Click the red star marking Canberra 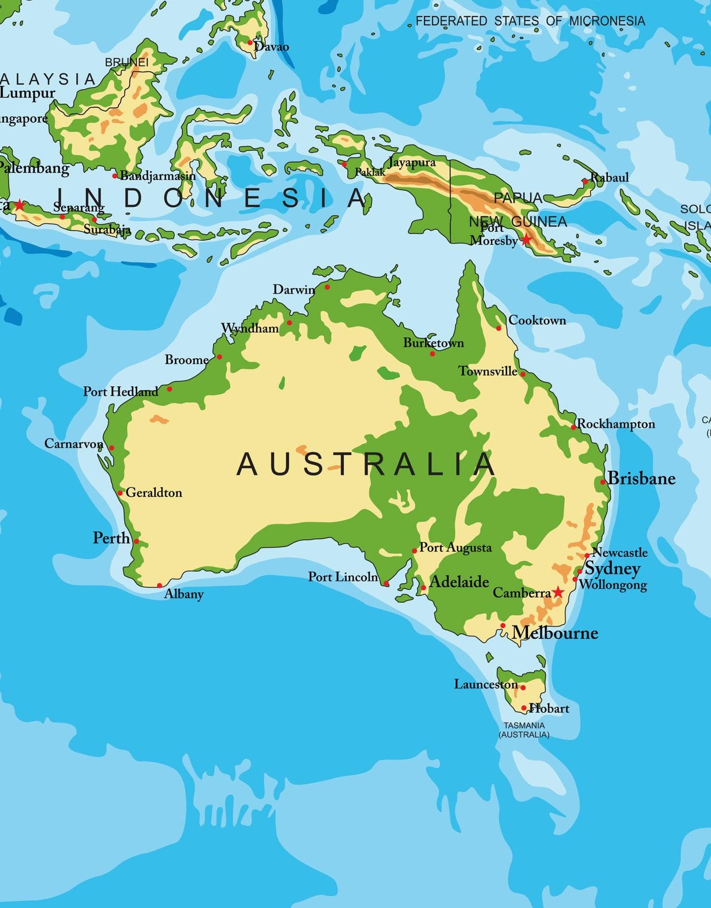(x=557, y=592)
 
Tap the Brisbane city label (x=642, y=478)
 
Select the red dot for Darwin (x=327, y=287)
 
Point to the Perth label (x=111, y=538)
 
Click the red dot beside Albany (x=159, y=585)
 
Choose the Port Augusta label (x=455, y=547)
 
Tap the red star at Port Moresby (x=526, y=240)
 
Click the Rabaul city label (x=610, y=177)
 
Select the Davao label (x=272, y=47)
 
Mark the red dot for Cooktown (x=498, y=328)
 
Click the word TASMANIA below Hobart (x=524, y=726)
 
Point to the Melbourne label (x=555, y=633)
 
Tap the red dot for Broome (x=219, y=357)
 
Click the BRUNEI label (x=126, y=62)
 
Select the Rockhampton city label (x=616, y=424)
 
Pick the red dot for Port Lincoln (x=386, y=583)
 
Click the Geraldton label (x=154, y=492)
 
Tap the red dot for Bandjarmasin (x=115, y=176)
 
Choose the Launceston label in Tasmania (x=486, y=684)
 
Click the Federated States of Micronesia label (x=530, y=21)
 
